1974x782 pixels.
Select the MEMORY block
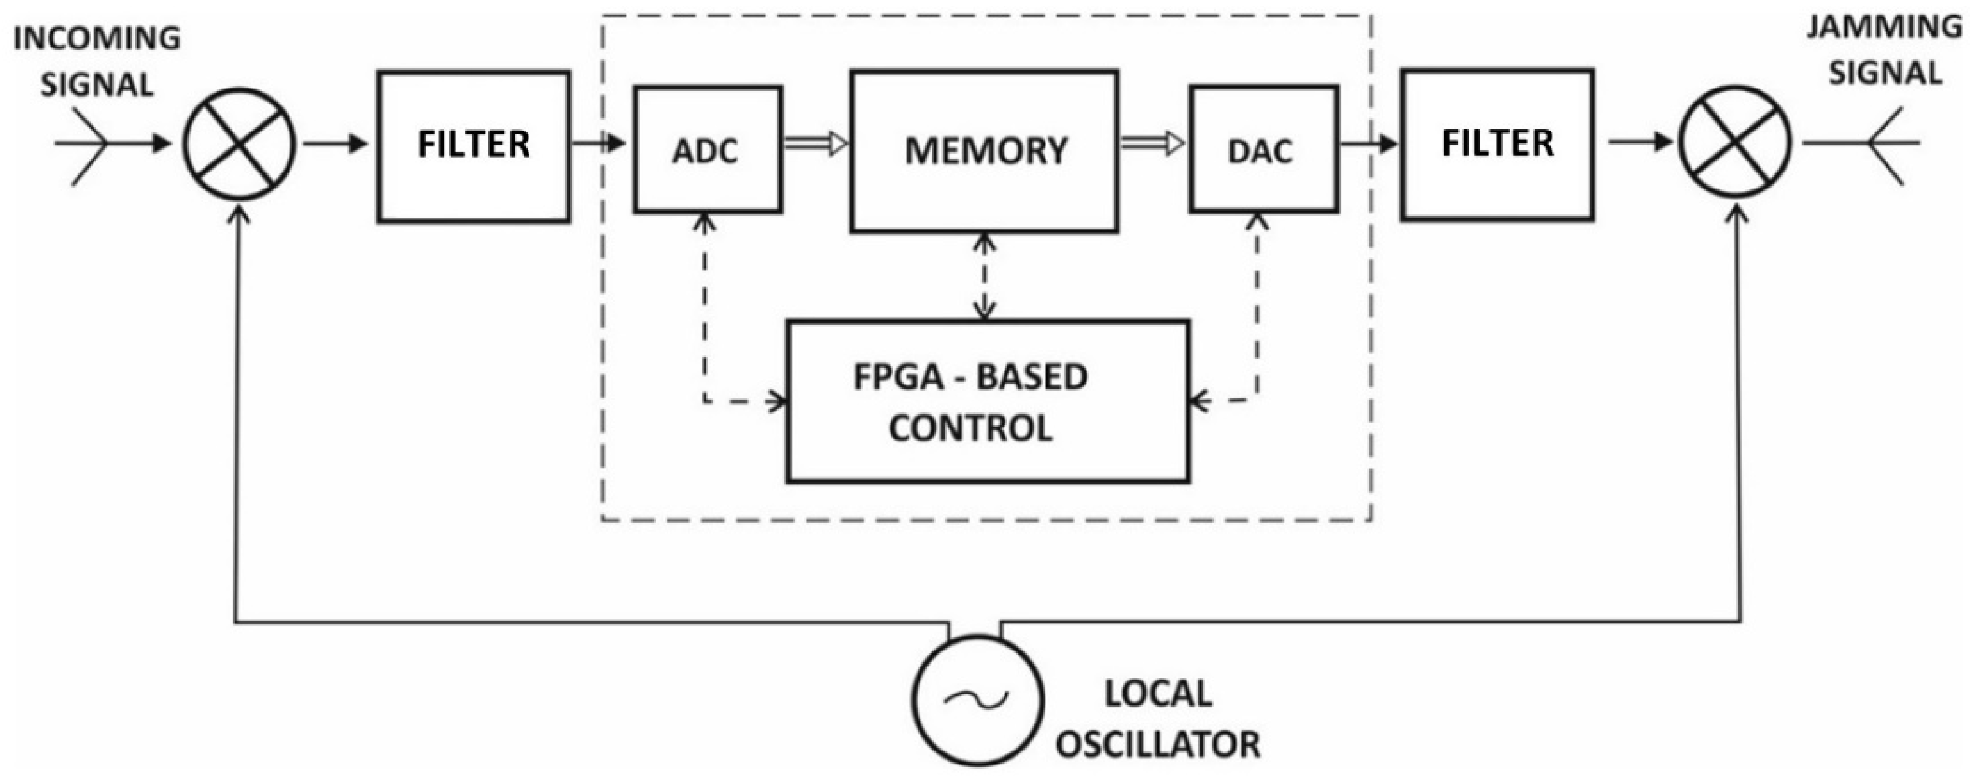click(984, 151)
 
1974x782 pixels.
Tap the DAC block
click(1263, 150)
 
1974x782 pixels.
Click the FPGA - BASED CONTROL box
click(987, 401)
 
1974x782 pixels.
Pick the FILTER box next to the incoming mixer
click(473, 146)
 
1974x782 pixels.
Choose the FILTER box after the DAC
click(1497, 145)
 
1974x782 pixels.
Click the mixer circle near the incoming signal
click(239, 144)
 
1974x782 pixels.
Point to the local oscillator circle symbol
click(977, 699)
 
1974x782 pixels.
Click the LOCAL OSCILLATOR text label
click(1157, 718)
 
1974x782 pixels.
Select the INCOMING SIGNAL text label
click(97, 61)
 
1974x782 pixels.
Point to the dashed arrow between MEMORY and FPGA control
click(984, 276)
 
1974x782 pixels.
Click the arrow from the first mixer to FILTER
click(336, 143)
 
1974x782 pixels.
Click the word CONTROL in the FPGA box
click(970, 428)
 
